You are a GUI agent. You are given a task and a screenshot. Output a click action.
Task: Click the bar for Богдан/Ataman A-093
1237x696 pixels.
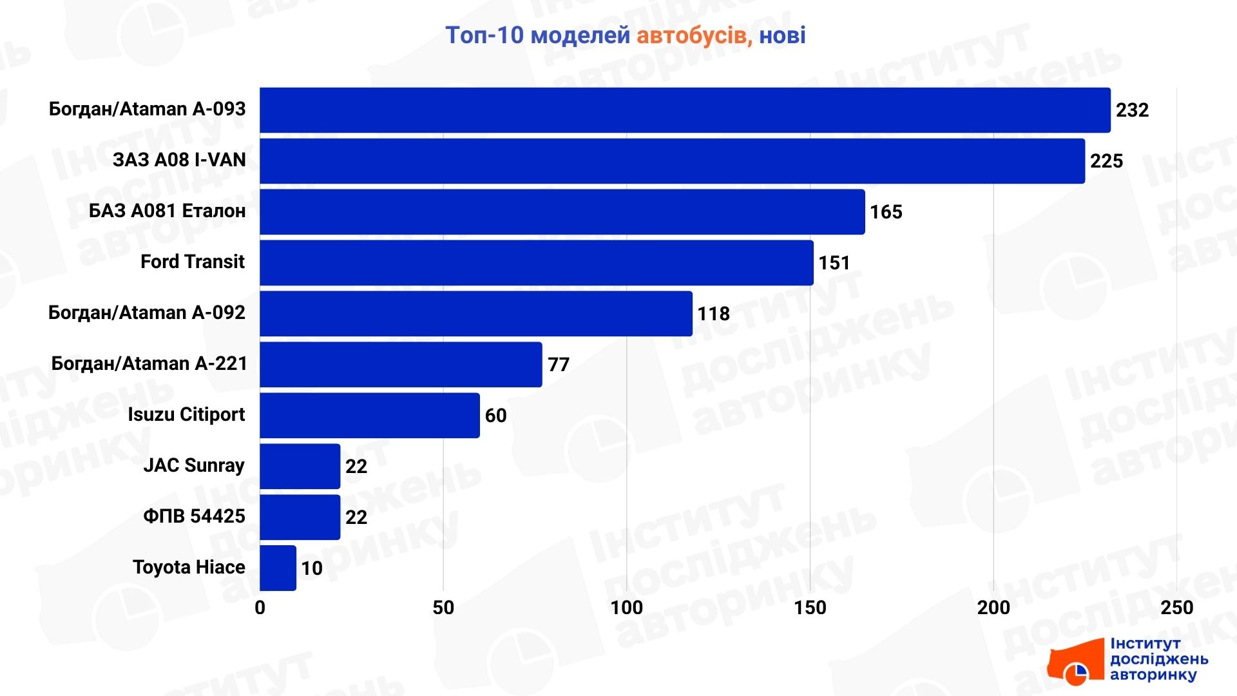(x=685, y=110)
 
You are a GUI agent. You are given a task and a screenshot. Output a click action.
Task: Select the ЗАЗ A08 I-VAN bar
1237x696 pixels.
(x=672, y=161)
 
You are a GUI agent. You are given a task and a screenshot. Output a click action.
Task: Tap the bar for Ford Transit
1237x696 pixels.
(x=536, y=263)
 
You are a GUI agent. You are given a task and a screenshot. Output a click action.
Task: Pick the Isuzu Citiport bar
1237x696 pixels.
(x=370, y=416)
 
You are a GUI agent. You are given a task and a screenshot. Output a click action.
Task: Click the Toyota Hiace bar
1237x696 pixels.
(x=278, y=568)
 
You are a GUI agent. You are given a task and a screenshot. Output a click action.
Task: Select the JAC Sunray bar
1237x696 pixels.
(x=300, y=467)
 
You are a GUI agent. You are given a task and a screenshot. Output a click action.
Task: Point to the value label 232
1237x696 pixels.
(x=1132, y=110)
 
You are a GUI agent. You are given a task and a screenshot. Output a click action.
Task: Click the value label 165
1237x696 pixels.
(x=886, y=212)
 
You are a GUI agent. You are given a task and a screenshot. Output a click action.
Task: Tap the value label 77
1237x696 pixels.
(x=559, y=365)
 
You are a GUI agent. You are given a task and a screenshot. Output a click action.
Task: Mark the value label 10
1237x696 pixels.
(x=312, y=568)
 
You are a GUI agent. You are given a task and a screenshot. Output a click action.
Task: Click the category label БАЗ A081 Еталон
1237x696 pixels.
(x=167, y=211)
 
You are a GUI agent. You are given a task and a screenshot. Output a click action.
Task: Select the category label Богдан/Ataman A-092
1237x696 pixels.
(x=147, y=313)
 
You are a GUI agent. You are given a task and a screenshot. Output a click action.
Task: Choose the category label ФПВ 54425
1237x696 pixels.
(x=194, y=516)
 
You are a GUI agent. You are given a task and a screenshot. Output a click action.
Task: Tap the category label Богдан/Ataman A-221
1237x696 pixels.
(x=149, y=363)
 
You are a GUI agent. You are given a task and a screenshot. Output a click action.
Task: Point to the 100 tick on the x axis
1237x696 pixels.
(x=626, y=608)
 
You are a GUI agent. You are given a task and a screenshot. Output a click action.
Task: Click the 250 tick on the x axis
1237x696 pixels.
(x=1176, y=608)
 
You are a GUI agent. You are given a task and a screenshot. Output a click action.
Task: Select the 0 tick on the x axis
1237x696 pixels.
(x=260, y=608)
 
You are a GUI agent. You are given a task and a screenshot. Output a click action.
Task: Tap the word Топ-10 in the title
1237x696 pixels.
(x=484, y=35)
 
